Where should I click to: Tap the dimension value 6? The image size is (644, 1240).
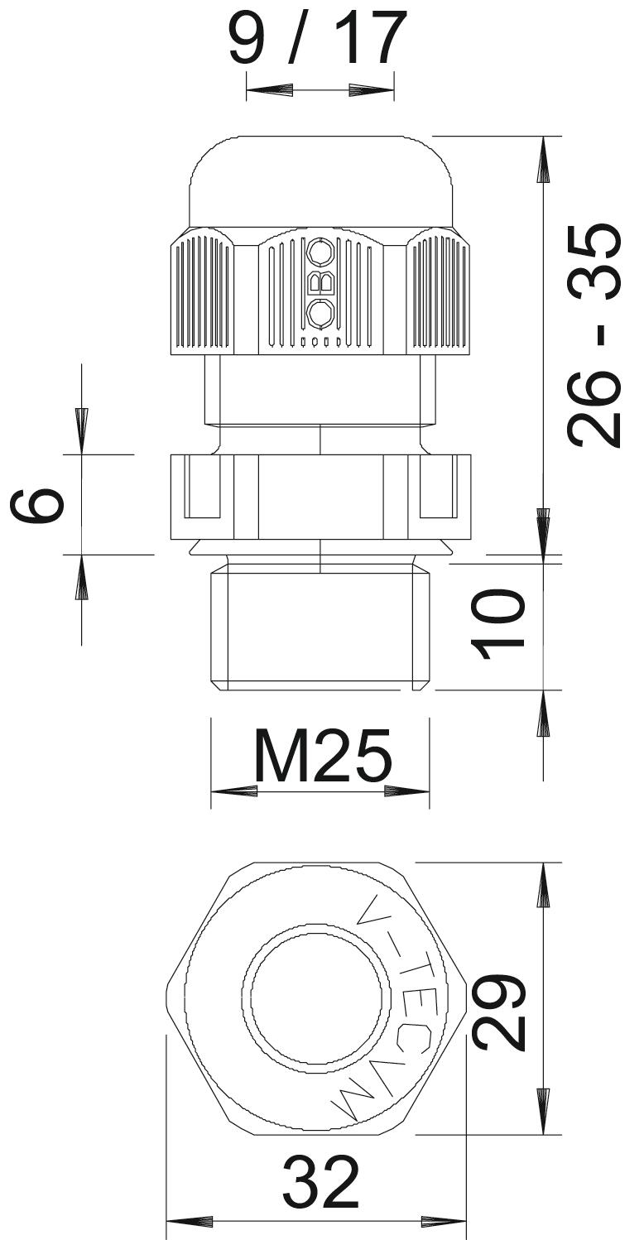pos(37,504)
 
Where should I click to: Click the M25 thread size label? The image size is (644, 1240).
pos(323,755)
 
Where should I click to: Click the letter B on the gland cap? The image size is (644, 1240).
pos(320,283)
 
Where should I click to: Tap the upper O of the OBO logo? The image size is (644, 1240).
pos(320,252)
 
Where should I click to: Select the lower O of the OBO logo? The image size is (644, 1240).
pos(320,314)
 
